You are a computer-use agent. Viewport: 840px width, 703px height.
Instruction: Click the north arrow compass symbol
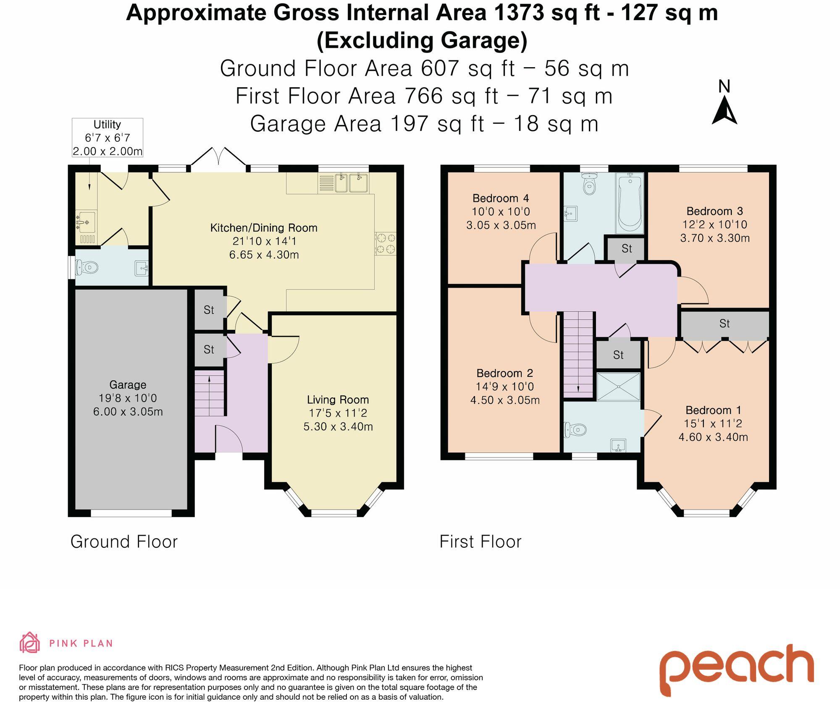(x=724, y=102)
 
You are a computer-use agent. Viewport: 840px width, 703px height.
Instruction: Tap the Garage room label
(x=128, y=384)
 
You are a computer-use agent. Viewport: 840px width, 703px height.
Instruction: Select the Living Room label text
(x=338, y=400)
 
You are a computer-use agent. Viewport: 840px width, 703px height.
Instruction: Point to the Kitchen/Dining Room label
(x=264, y=228)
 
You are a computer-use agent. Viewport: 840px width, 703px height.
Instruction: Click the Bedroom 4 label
(x=501, y=198)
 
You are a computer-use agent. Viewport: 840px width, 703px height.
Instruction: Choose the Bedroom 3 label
(x=715, y=211)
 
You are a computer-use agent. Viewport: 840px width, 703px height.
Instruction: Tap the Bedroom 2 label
(x=505, y=373)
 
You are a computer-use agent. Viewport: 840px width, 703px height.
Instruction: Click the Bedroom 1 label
(x=713, y=410)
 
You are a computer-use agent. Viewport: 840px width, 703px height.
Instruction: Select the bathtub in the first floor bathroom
(x=630, y=203)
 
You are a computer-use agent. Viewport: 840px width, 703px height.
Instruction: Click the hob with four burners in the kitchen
(x=386, y=244)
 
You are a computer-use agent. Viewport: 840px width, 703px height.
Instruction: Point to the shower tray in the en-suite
(x=619, y=386)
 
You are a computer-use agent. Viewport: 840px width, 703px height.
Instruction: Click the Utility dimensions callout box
(x=108, y=138)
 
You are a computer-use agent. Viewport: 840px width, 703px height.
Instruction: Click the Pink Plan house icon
(x=30, y=643)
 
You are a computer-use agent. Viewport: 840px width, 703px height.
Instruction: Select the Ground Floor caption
(x=124, y=541)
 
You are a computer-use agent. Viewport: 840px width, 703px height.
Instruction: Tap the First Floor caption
(x=480, y=541)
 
